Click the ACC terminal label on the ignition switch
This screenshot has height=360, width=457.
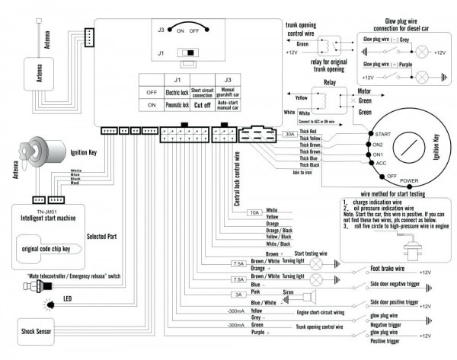[381, 162]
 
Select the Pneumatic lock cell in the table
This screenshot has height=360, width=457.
[177, 107]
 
